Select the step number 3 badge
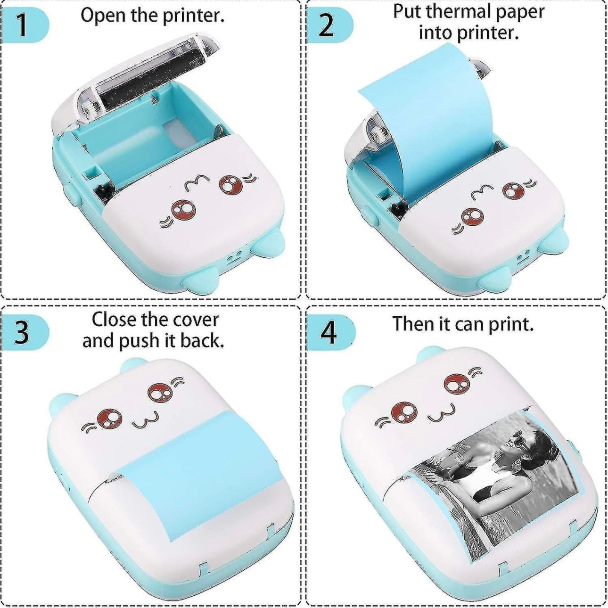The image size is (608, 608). [21, 332]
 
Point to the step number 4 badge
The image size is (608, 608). [329, 332]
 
